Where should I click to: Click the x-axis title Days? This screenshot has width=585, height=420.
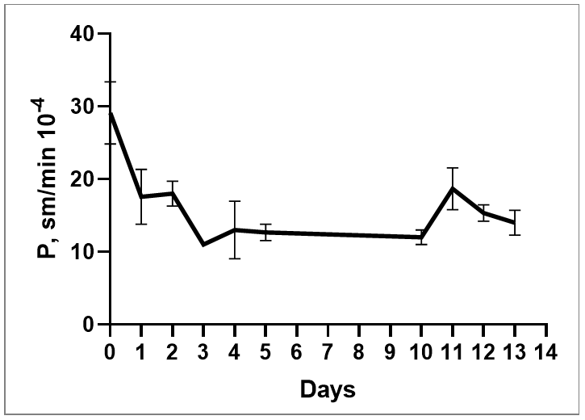click(x=328, y=391)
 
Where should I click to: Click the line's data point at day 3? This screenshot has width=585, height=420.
click(x=203, y=245)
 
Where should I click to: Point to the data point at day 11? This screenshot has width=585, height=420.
click(x=453, y=188)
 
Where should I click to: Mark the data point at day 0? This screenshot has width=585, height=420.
click(x=111, y=112)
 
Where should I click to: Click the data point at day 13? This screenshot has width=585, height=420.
click(x=515, y=222)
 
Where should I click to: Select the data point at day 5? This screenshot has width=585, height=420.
click(x=265, y=232)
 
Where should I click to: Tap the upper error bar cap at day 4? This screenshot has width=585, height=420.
click(x=235, y=201)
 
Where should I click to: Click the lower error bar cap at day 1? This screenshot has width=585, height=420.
click(x=141, y=224)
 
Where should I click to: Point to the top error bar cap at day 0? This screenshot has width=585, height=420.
click(x=111, y=82)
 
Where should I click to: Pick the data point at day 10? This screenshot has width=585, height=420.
click(x=421, y=237)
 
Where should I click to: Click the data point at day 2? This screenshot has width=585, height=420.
click(x=173, y=193)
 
